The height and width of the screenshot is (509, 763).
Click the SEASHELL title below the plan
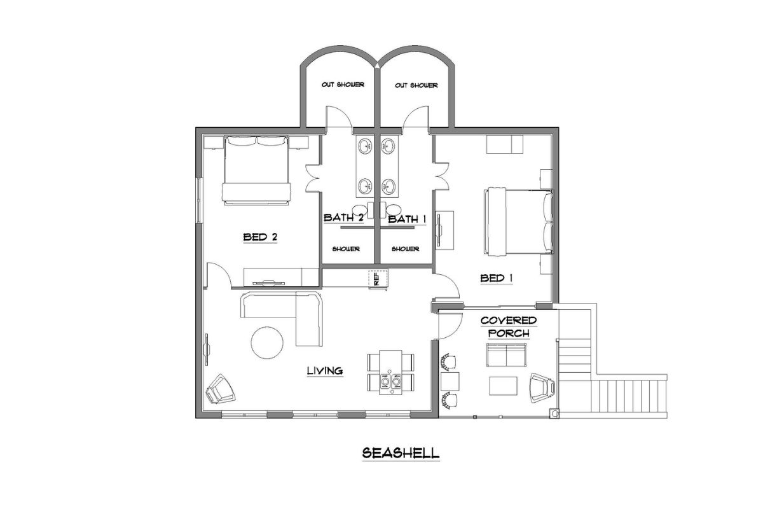[401, 453]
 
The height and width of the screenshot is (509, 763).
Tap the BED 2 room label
[260, 237]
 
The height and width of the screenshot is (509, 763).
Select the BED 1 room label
[497, 278]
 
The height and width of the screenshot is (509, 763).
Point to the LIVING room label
[325, 370]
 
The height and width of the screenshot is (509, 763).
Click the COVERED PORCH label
[508, 326]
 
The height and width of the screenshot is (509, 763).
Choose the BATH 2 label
[343, 218]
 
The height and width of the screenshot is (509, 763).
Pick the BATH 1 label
[406, 218]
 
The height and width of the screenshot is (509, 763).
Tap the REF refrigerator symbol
[375, 278]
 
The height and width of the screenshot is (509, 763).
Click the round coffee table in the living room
[267, 342]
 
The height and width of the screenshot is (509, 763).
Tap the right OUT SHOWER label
[416, 85]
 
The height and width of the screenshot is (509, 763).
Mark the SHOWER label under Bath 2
[346, 249]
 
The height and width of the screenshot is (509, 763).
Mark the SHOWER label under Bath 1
[405, 249]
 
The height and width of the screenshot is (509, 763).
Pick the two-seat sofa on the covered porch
[507, 356]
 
